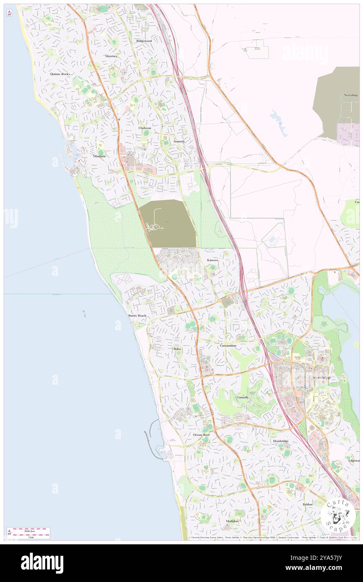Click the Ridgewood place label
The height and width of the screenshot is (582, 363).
coord(143,41)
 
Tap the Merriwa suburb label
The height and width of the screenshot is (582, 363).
coord(111,56)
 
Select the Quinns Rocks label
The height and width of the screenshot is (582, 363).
coord(60,74)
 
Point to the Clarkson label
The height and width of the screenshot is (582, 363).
coord(145,128)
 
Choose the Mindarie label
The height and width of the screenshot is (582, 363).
coord(99,156)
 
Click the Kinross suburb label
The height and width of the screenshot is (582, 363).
coord(213,260)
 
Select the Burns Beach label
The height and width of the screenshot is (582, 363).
coord(137,315)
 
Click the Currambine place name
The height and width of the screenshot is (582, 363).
coord(228,346)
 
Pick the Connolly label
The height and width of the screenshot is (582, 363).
coord(242,397)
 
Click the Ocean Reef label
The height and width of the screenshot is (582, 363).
coord(201,435)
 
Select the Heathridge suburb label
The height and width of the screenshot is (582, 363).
coord(280,441)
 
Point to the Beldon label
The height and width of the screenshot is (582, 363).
coord(308,504)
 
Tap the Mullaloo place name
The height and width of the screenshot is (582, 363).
coord(232,521)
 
